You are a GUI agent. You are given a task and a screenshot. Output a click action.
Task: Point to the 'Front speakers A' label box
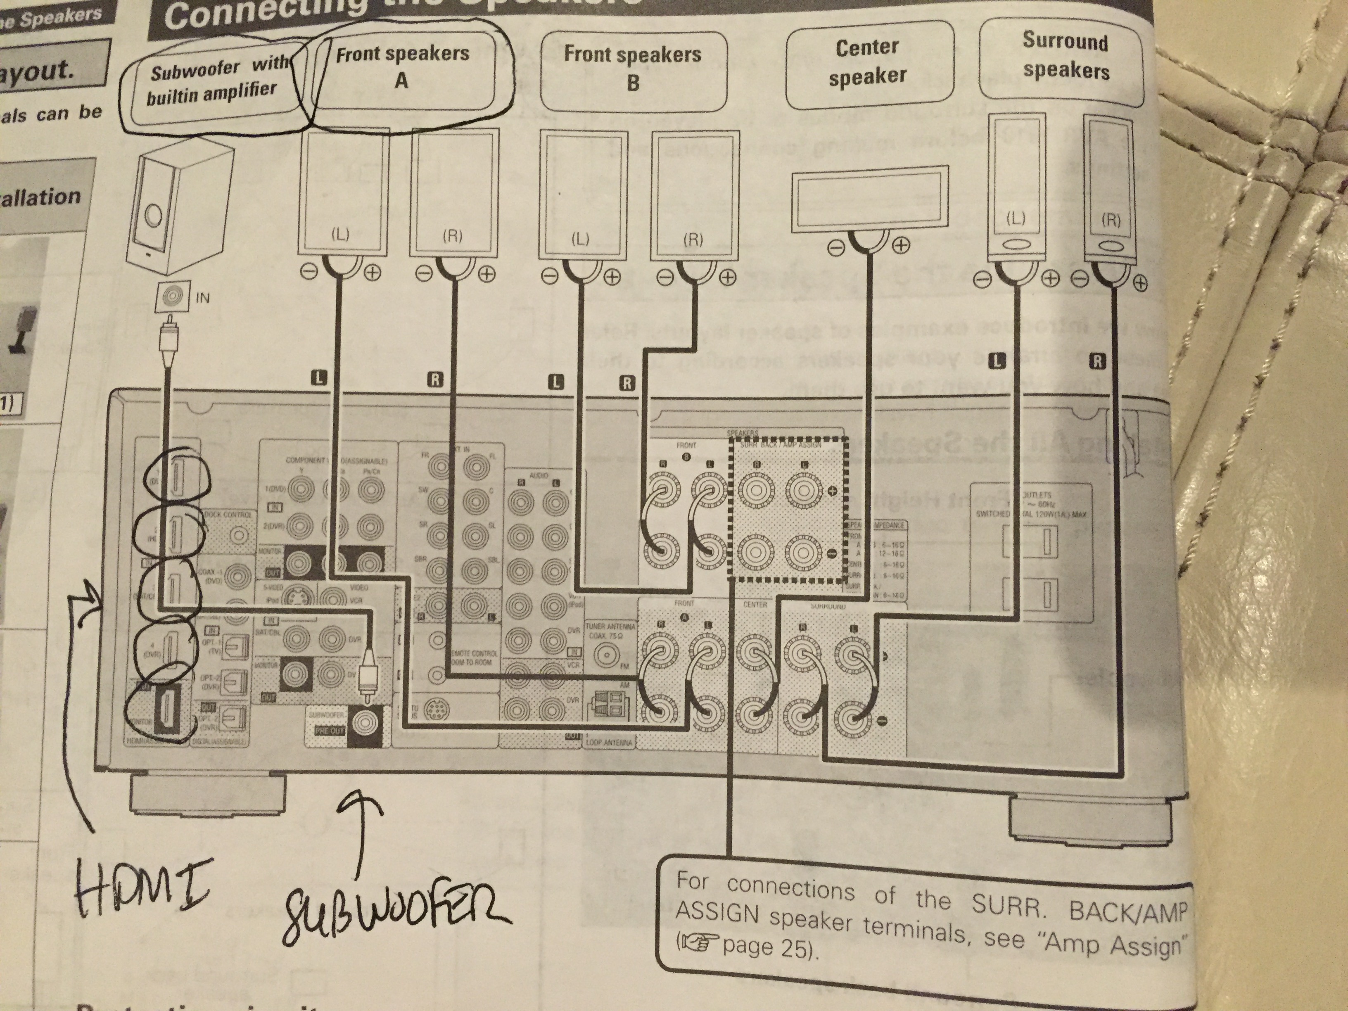(403, 67)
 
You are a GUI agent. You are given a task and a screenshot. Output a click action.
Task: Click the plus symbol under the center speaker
(901, 246)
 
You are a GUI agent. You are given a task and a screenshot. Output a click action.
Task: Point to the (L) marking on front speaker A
(340, 235)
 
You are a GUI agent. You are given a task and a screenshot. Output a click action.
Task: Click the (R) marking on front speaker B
(693, 240)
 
